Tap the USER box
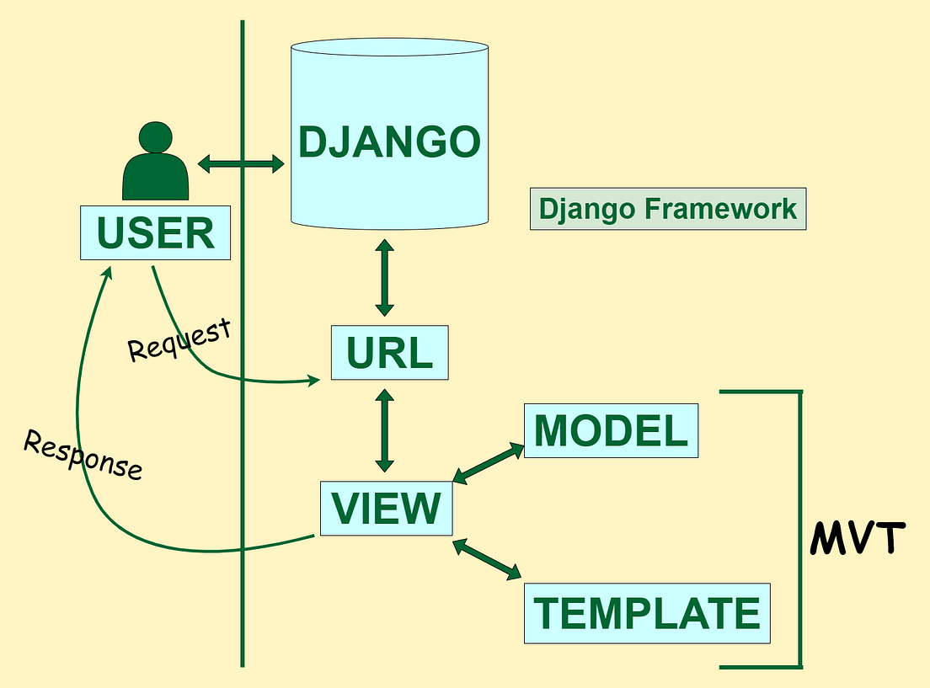click(x=155, y=233)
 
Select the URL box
click(x=389, y=352)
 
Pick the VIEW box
click(x=386, y=508)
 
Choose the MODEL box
click(x=611, y=430)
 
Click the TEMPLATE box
click(x=646, y=612)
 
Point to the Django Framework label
click(x=668, y=209)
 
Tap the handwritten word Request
click(x=179, y=339)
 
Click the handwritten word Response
click(x=83, y=455)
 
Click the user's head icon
click(x=156, y=137)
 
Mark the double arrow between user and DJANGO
click(x=240, y=163)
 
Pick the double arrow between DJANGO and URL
click(x=384, y=277)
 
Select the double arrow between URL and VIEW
click(x=384, y=429)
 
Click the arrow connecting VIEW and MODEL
click(x=488, y=463)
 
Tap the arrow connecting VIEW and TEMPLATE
click(x=488, y=560)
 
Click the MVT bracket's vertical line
click(x=799, y=529)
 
